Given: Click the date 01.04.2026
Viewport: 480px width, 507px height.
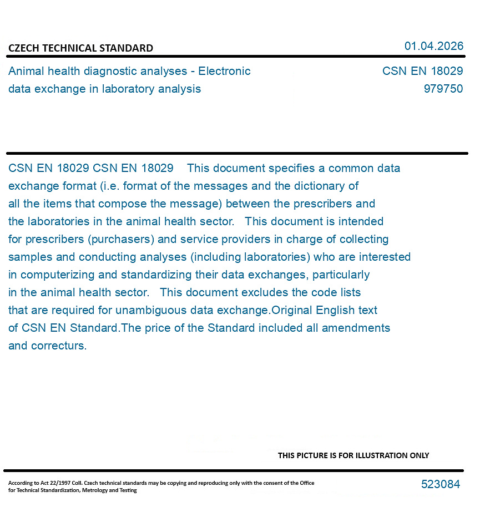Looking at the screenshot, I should pyautogui.click(x=433, y=46).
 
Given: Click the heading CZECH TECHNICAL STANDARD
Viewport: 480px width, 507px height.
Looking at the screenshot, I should pyautogui.click(x=80, y=48).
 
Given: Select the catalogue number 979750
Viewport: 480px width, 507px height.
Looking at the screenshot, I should pyautogui.click(x=443, y=89).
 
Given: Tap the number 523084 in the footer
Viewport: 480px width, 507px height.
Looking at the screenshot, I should pyautogui.click(x=440, y=484).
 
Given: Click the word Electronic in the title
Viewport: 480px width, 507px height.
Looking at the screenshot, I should pyautogui.click(x=224, y=71).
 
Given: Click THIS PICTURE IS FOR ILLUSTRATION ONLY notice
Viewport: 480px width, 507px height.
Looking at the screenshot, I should pyautogui.click(x=353, y=455).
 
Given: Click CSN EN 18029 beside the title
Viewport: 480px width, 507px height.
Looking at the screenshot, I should pyautogui.click(x=422, y=71).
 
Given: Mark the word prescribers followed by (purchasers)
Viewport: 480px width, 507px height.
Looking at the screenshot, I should pyautogui.click(x=54, y=239).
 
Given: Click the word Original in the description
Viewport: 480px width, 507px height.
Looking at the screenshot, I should pyautogui.click(x=292, y=310).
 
